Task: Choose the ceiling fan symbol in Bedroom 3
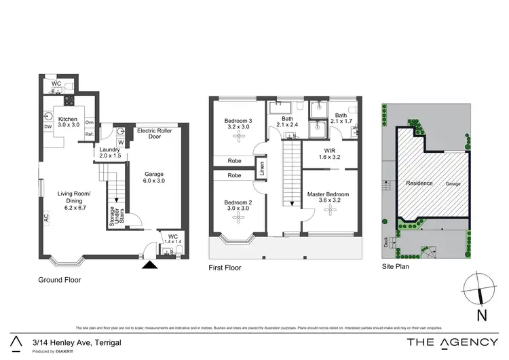[x=238, y=138]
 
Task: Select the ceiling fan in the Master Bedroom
[x=331, y=211]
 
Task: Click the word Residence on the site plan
[x=419, y=183]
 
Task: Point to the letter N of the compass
[x=481, y=314]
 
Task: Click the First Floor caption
[x=225, y=268]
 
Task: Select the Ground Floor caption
[x=60, y=279]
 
